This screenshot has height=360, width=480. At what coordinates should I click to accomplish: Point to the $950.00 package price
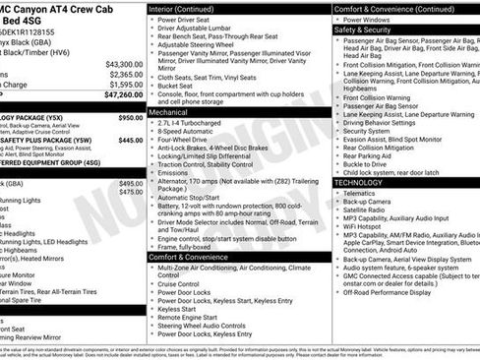pos(130,117)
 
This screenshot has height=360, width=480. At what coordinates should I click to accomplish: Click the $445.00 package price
pos(130,140)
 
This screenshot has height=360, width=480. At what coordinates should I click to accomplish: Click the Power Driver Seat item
pos(189,20)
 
